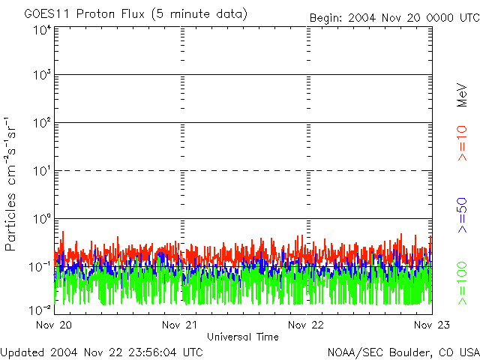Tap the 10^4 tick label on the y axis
tap(42, 31)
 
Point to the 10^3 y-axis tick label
tap(42, 76)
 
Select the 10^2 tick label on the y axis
tap(42, 123)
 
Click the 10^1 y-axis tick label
tap(42, 171)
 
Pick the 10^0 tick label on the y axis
tap(42, 219)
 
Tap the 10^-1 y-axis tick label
tap(40, 267)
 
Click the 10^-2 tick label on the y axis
tap(40, 310)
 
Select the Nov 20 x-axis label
tap(54, 325)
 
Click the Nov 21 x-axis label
tap(181, 325)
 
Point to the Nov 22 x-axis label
tap(307, 325)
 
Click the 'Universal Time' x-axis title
tap(243, 337)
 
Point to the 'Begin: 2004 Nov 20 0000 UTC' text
tap(394, 17)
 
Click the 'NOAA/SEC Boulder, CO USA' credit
tap(403, 352)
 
